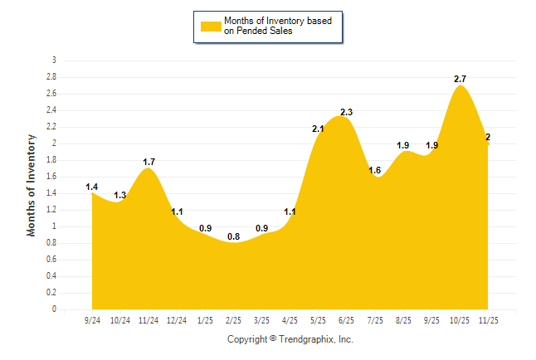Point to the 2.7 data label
pos(460,79)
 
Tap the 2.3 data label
pos(347,112)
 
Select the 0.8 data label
pos(233,236)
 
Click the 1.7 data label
pos(149,162)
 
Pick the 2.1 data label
pos(318,129)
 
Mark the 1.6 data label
pos(374,170)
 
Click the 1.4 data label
pos(92,187)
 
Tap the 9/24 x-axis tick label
pos(92,319)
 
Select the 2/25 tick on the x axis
pos(233,319)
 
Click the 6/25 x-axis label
pos(347,319)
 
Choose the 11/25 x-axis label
pos(488,319)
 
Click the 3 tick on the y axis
pos(54,61)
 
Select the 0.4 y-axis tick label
pos(51,276)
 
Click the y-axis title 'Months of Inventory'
pos(32,185)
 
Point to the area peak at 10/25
pos(460,86)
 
